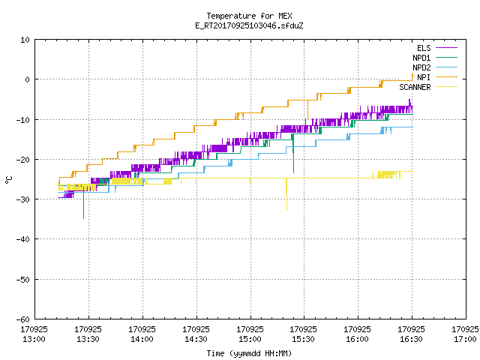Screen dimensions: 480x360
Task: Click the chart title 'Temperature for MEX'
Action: point(249,16)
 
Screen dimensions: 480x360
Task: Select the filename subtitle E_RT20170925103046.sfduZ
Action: point(249,25)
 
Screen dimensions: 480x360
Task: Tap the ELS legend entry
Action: point(437,48)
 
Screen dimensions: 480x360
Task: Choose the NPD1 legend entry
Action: point(435,58)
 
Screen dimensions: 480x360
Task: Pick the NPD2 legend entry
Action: point(435,67)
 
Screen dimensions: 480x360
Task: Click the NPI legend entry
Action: point(437,77)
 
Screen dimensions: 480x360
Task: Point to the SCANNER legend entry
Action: point(428,87)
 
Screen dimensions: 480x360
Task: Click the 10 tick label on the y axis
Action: point(25,40)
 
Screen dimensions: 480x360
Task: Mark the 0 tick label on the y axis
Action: point(28,79)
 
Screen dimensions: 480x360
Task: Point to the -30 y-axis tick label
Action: point(22,199)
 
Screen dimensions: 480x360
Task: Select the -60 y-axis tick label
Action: point(22,319)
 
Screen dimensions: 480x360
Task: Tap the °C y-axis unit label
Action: point(8,180)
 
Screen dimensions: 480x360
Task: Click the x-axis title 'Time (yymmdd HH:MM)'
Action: point(249,353)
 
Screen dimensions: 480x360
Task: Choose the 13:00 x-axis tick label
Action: point(34,334)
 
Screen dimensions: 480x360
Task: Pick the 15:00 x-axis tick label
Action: point(250,334)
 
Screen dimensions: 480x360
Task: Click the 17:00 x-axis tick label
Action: point(465,334)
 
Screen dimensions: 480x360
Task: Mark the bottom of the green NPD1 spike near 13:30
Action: point(83,218)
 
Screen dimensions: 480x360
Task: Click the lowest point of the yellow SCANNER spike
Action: point(286,210)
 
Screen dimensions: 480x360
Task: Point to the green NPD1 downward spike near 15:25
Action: point(293,153)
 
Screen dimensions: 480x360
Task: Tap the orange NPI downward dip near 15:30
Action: point(307,109)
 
